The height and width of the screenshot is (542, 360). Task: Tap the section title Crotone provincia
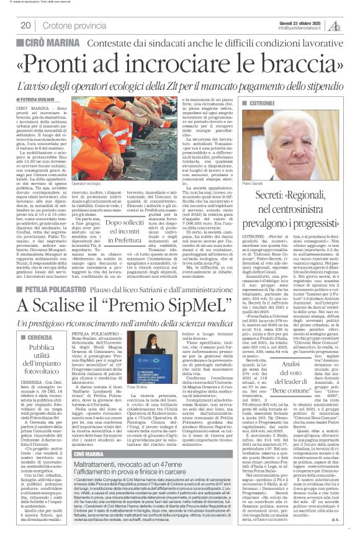[x=70, y=25]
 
